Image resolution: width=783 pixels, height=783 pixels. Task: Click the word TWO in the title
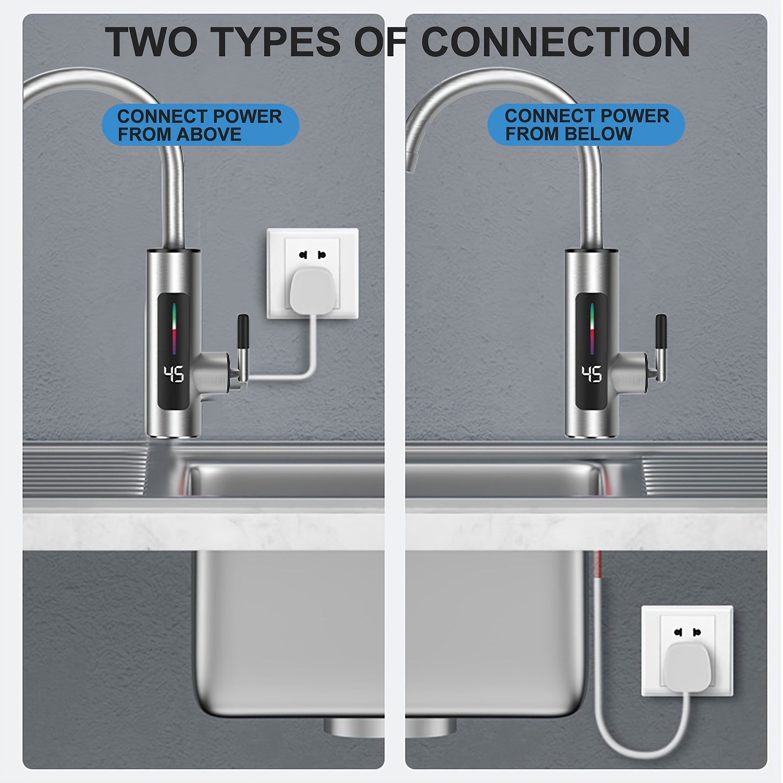point(151,42)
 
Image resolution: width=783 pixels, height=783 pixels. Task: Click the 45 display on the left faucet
point(173,375)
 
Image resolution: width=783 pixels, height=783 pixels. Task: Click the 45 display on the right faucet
point(592,375)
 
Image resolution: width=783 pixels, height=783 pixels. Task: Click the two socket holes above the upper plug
point(312,255)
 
